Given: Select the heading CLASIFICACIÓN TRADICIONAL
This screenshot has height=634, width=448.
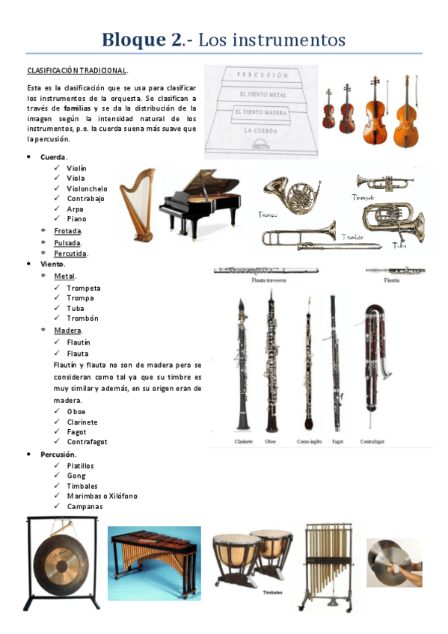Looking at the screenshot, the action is [77, 70].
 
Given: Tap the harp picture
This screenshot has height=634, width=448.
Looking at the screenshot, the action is [137, 196].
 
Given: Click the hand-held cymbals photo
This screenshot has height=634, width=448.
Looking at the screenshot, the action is [393, 561].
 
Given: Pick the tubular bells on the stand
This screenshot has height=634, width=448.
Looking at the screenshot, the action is [326, 564].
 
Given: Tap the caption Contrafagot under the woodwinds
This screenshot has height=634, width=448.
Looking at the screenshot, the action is [374, 442].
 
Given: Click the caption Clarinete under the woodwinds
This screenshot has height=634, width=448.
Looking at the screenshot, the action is [243, 442].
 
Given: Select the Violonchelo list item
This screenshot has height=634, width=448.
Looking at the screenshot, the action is [87, 189].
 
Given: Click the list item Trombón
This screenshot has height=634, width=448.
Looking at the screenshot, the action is [82, 318].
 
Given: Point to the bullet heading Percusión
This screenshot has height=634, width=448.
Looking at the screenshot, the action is [58, 454].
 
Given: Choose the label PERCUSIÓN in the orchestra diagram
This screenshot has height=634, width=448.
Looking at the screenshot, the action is [263, 76].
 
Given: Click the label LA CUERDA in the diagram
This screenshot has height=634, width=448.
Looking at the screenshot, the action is [261, 130].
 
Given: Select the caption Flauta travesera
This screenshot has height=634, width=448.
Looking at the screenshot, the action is [272, 281].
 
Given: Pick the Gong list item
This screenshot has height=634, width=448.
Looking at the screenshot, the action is [76, 475].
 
